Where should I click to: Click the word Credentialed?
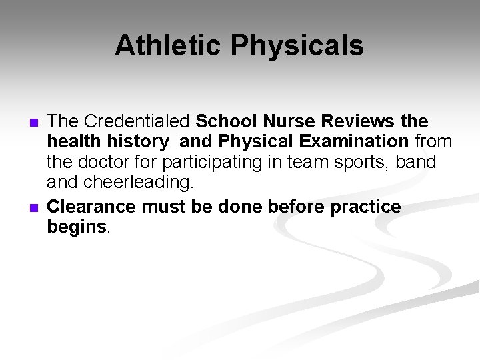138,122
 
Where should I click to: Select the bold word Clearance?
92,207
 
